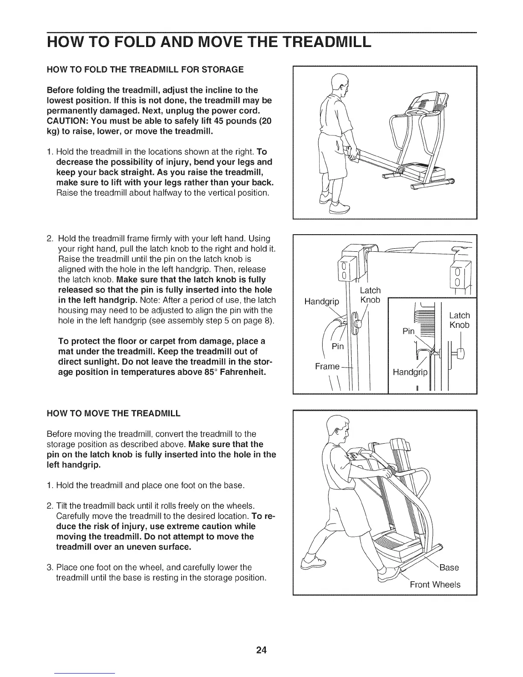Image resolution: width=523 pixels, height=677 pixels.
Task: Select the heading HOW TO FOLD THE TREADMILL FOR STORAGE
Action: [x=145, y=69]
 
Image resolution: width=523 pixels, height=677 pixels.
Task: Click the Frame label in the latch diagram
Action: [x=327, y=366]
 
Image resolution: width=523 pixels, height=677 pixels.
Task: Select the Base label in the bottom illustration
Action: [x=449, y=567]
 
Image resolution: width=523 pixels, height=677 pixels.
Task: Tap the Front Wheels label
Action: [x=435, y=584]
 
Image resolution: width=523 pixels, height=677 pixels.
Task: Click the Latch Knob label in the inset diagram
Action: [x=459, y=320]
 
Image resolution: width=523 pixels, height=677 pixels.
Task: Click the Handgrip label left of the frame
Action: [x=321, y=302]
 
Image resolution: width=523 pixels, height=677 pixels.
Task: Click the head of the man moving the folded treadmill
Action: [x=338, y=430]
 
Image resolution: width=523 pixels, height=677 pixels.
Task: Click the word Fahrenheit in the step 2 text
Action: [x=219, y=372]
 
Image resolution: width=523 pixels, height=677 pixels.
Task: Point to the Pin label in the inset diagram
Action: [x=409, y=331]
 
